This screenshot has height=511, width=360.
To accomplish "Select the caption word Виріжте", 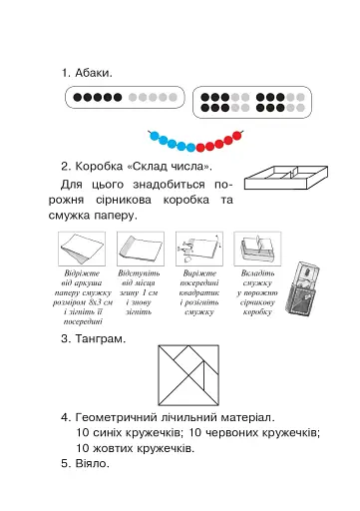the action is (x=200, y=271).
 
